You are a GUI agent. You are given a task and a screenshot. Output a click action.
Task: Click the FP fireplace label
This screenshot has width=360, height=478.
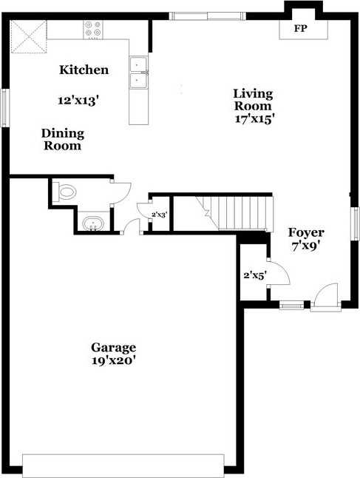point(300,29)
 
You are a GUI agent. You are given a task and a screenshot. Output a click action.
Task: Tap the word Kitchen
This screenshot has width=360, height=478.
point(84,70)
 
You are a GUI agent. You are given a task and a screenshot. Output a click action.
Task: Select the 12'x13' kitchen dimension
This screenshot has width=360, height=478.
point(78,101)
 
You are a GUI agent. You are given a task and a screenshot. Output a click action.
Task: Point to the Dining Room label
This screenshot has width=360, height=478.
point(63,140)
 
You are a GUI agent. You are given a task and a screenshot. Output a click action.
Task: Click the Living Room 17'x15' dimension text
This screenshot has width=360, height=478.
point(253,118)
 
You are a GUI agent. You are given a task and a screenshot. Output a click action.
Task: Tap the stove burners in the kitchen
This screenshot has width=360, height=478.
point(93,30)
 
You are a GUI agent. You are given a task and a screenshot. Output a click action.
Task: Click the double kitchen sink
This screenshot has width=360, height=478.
point(138,73)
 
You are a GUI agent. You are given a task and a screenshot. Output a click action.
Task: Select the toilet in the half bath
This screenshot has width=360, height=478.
point(64,192)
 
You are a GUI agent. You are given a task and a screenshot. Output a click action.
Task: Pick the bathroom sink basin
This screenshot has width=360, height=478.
point(93,223)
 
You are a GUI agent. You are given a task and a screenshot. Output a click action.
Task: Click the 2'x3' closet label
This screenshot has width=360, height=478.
point(160,215)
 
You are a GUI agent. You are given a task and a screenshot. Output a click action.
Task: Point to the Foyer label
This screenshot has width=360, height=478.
point(306,232)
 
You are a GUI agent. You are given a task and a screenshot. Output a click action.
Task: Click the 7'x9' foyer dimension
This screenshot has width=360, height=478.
point(306,246)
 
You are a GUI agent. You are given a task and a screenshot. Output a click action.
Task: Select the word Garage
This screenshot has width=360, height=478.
point(114,348)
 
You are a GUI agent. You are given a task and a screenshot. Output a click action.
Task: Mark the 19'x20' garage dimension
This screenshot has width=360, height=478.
point(113,361)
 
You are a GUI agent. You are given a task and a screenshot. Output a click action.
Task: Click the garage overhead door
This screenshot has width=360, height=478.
point(123,465)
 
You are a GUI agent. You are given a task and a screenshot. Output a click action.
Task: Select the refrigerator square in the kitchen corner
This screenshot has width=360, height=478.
point(29,36)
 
